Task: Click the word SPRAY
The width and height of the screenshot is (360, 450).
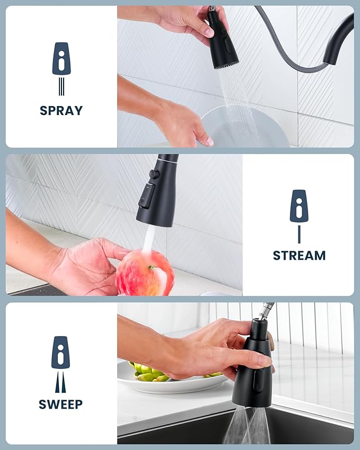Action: click(61, 111)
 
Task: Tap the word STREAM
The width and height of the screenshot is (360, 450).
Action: click(299, 255)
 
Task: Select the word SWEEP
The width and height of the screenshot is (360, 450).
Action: click(60, 404)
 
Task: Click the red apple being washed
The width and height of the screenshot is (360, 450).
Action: click(145, 273)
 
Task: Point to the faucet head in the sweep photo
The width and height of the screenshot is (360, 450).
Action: click(253, 371)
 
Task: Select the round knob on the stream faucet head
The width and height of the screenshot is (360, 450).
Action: click(153, 173)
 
